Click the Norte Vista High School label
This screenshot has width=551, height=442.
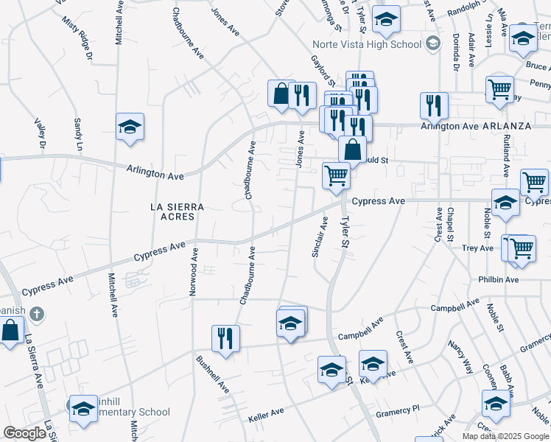366,44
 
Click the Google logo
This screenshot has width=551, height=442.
25,433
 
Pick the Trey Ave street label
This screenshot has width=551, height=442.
477,248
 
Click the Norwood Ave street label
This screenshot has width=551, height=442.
194,272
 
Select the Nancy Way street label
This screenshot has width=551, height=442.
462,357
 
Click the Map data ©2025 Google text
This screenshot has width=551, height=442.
505,435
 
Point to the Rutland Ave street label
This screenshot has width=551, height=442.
506,154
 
